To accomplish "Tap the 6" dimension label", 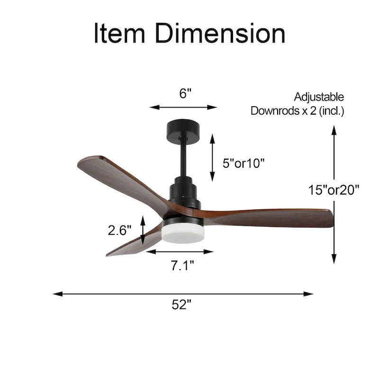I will click(185, 93).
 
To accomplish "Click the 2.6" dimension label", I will click(119, 231).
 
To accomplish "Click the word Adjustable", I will click(318, 97).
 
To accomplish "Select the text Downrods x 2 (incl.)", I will click(297, 111).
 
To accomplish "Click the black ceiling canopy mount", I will click(183, 129).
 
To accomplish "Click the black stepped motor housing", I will click(184, 192).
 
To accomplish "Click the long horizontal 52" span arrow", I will click(183, 294).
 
